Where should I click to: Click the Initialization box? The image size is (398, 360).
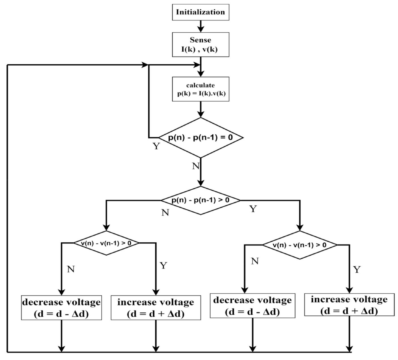201,12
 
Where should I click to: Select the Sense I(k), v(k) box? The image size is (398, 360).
201,45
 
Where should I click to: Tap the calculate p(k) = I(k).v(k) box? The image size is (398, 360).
201,89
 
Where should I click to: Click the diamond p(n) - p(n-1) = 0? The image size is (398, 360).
201,138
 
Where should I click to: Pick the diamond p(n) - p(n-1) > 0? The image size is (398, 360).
201,200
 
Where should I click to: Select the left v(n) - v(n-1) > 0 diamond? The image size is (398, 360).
106,243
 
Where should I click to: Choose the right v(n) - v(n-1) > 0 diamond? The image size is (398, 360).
300,245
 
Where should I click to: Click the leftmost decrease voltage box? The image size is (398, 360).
61,308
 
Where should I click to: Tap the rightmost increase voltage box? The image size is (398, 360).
349,305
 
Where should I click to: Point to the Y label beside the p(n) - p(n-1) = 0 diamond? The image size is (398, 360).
156,146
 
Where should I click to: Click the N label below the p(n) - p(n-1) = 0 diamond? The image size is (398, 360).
196,166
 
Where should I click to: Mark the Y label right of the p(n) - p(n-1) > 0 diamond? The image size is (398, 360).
253,209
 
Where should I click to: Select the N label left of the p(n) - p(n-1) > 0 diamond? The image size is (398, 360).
165,212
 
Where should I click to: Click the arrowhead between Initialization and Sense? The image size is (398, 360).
201,29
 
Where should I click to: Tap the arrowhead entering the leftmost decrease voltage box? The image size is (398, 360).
61,292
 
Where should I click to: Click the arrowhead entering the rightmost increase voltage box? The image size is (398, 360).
349,290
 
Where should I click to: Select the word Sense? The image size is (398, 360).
201,40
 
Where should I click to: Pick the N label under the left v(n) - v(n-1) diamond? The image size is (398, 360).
71,269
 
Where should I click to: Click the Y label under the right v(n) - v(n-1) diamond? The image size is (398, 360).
357,269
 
